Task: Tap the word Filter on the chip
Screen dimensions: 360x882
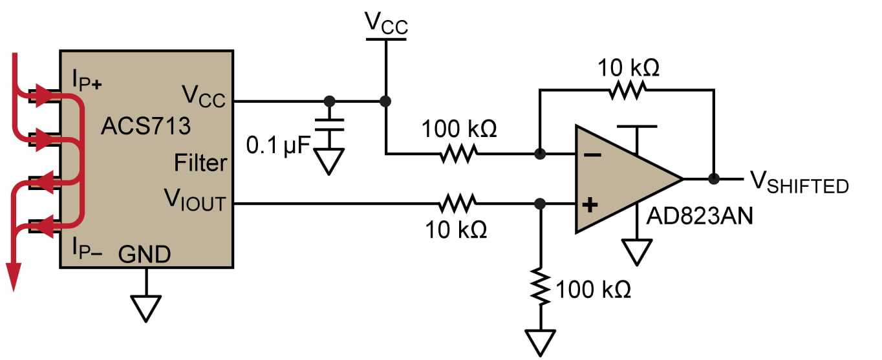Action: pyautogui.click(x=200, y=163)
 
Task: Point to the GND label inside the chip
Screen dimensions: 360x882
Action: pyautogui.click(x=145, y=255)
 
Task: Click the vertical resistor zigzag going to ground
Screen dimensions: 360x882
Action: pyautogui.click(x=541, y=285)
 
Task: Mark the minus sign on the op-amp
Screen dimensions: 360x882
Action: pyautogui.click(x=590, y=154)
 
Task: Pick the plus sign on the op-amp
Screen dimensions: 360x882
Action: pyautogui.click(x=590, y=205)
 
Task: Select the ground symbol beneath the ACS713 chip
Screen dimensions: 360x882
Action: pyautogui.click(x=146, y=308)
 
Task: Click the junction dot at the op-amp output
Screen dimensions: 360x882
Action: pyautogui.click(x=714, y=179)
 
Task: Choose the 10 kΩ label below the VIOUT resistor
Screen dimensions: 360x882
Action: pyautogui.click(x=457, y=229)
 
